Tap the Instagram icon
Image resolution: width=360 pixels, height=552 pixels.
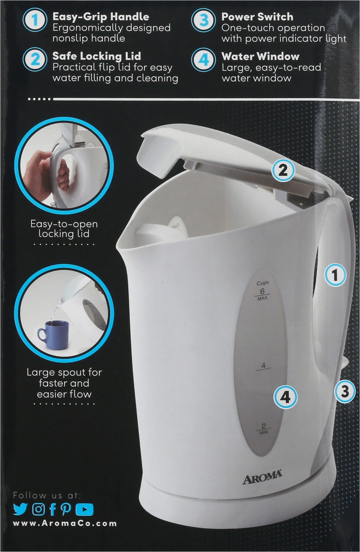click(39, 509)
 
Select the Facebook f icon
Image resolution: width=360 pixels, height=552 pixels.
click(52, 509)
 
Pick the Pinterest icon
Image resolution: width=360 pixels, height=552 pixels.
click(65, 509)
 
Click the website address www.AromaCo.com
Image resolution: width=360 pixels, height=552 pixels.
click(64, 523)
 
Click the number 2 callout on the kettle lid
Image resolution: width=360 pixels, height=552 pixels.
click(283, 171)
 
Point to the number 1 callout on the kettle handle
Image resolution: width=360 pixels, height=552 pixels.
click(335, 275)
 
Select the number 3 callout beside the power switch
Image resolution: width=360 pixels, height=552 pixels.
click(345, 391)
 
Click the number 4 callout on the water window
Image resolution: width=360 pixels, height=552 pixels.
click(286, 397)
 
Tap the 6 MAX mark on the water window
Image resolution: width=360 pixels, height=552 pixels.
click(262, 294)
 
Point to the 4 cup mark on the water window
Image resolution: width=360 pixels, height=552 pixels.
click(263, 366)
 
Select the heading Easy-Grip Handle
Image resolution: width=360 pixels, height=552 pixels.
click(101, 17)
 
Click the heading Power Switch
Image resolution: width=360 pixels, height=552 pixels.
click(257, 17)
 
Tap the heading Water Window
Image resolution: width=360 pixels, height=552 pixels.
click(261, 57)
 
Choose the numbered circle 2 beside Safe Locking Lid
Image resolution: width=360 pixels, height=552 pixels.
click(35, 60)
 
